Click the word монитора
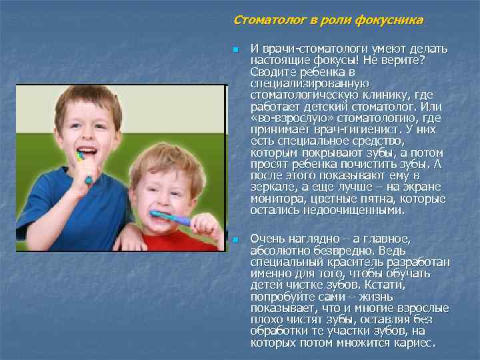[275, 199]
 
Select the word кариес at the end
[417, 343]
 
